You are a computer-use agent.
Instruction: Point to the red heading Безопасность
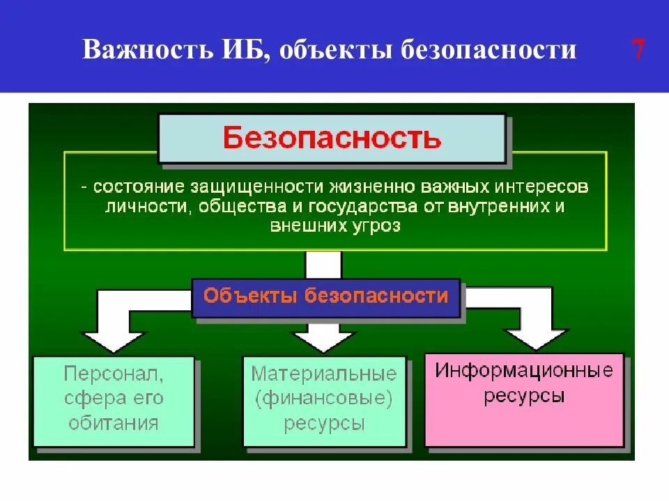point(332,137)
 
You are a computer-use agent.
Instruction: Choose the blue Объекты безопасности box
point(325,296)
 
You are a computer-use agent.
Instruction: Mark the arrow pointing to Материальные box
point(323,338)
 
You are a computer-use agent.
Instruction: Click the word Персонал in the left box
point(114,374)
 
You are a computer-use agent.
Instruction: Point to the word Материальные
point(324,374)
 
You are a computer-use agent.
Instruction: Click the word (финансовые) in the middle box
point(324,399)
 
